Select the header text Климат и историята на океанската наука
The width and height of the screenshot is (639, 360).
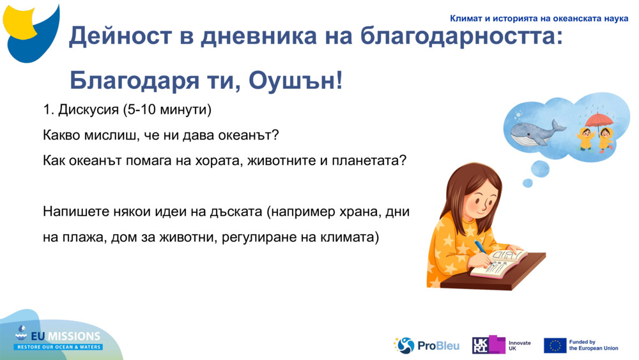coord(539,19)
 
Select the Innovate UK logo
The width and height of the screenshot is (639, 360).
coord(502,345)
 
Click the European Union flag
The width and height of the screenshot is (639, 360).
coord(555,345)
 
